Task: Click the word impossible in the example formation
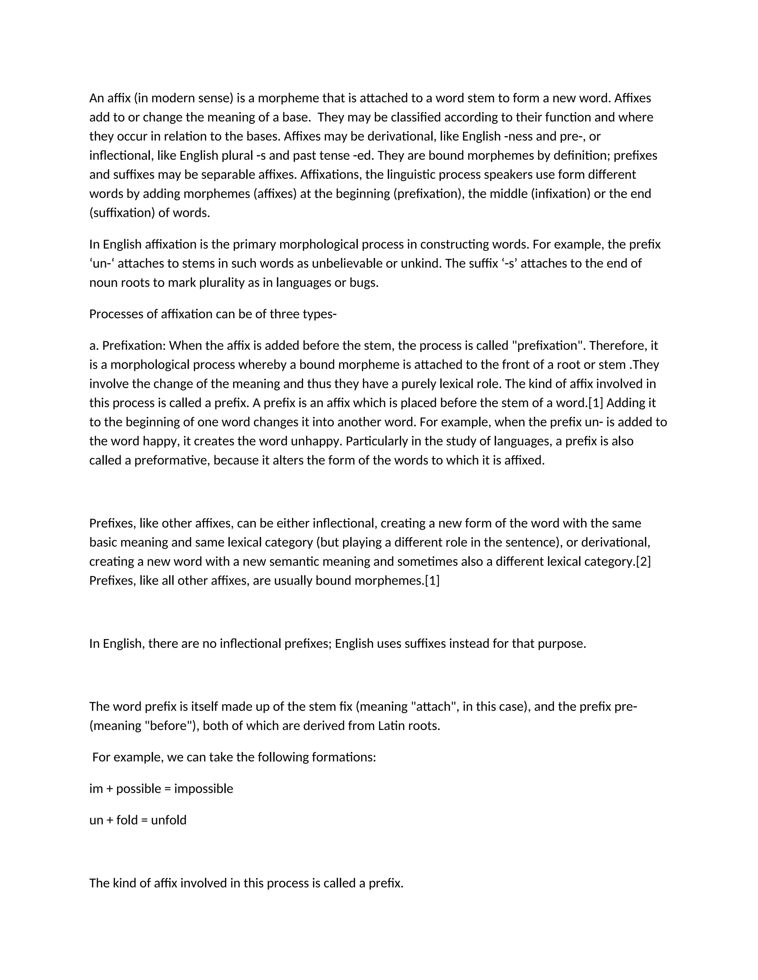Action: point(204,788)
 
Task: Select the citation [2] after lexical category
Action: point(643,561)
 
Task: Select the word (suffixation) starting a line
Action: point(122,213)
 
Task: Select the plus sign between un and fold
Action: point(110,820)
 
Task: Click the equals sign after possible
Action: point(168,789)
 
